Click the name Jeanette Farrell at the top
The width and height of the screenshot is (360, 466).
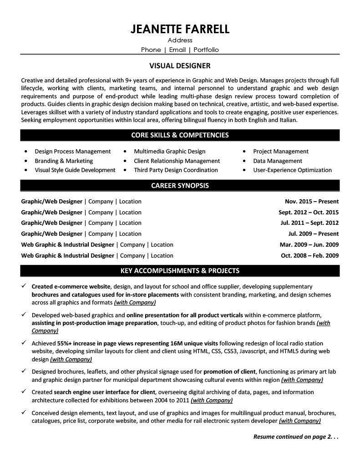(180, 30)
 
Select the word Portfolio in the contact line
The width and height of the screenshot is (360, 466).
(206, 50)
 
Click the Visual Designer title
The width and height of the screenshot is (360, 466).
(180, 66)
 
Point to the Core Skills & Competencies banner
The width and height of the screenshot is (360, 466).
(180, 135)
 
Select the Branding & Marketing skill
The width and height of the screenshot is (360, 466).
(64, 161)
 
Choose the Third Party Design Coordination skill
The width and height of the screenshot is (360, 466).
(176, 170)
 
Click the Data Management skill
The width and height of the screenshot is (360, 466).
(278, 161)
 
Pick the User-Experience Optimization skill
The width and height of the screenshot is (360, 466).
(292, 170)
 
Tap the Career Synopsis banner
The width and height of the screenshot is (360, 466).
(180, 185)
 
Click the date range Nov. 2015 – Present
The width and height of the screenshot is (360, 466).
(312, 201)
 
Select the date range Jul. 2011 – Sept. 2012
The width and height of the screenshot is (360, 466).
(309, 223)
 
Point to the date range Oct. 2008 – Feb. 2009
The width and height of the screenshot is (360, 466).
(310, 255)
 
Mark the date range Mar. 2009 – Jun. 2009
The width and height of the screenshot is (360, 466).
(309, 244)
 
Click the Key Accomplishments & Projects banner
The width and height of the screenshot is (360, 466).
(180, 271)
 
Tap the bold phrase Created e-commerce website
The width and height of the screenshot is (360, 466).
(71, 286)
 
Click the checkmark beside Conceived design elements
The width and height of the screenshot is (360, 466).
(24, 412)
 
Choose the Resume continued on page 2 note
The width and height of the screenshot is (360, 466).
(296, 437)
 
